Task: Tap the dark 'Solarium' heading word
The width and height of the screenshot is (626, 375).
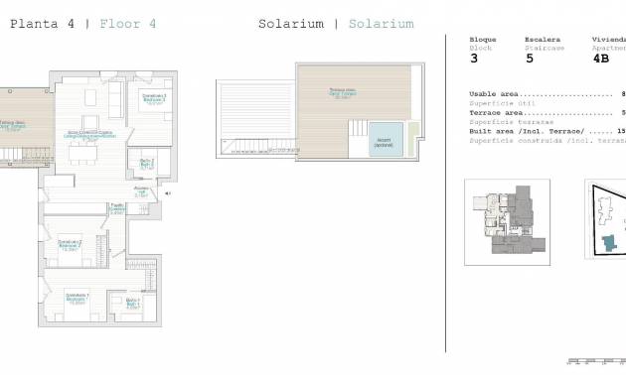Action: [x=290, y=22]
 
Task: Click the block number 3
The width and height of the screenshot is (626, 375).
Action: [x=473, y=59]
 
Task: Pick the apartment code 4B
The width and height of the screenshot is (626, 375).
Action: [x=600, y=59]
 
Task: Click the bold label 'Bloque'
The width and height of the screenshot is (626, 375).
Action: [x=482, y=40]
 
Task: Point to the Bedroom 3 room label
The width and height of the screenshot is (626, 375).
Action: [x=153, y=98]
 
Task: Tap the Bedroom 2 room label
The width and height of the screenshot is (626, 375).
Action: [x=70, y=244]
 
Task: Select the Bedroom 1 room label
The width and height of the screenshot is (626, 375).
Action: [x=78, y=298]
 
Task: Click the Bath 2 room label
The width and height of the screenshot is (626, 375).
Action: [x=146, y=164]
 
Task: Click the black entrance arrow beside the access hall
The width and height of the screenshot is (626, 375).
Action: [x=167, y=193]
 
